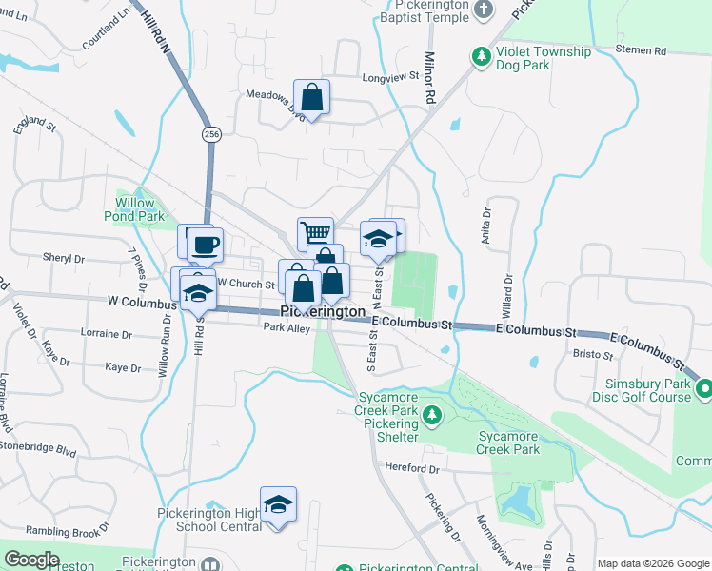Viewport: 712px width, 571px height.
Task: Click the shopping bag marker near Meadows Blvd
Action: pos(312,96)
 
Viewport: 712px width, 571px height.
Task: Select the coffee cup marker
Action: pos(205,245)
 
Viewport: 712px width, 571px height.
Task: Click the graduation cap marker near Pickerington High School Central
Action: pos(278,503)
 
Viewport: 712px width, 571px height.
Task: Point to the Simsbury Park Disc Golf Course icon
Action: pos(704,388)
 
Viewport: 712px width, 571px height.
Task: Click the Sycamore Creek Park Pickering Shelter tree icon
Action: pos(432,415)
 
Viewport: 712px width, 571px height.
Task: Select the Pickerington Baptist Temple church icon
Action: pos(484,10)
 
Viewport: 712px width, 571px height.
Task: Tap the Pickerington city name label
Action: pos(324,312)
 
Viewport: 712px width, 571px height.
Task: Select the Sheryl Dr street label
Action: pos(64,258)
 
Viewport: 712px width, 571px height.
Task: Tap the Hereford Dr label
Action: pos(412,467)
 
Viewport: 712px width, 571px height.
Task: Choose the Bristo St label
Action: pos(595,354)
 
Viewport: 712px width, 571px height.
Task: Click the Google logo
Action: pos(32,559)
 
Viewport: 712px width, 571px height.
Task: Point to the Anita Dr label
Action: pos(485,227)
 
